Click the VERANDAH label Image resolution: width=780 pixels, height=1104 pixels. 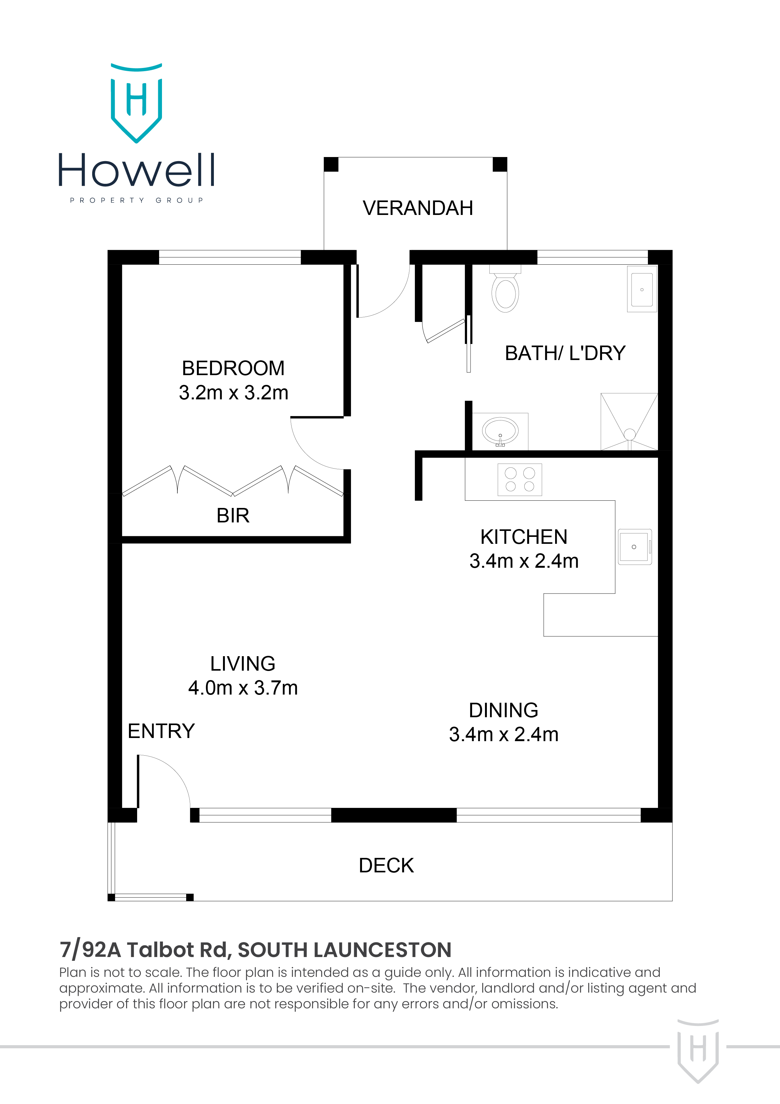pos(418,208)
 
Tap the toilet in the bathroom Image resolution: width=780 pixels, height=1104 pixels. pos(505,290)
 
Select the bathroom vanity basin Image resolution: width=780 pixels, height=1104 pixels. pos(500,431)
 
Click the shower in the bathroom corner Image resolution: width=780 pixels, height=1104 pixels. pos(629,422)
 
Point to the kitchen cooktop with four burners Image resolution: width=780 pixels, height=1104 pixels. pos(520,479)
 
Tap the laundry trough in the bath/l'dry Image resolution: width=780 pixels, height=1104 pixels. pos(642,290)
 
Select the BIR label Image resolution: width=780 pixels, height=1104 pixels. pos(233,515)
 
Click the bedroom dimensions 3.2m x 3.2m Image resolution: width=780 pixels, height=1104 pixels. pos(234,393)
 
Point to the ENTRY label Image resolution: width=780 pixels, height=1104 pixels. pos(161,731)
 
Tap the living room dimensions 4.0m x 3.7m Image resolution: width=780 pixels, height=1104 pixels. pos(243,688)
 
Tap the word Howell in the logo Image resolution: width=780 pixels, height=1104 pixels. pos(136,170)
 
